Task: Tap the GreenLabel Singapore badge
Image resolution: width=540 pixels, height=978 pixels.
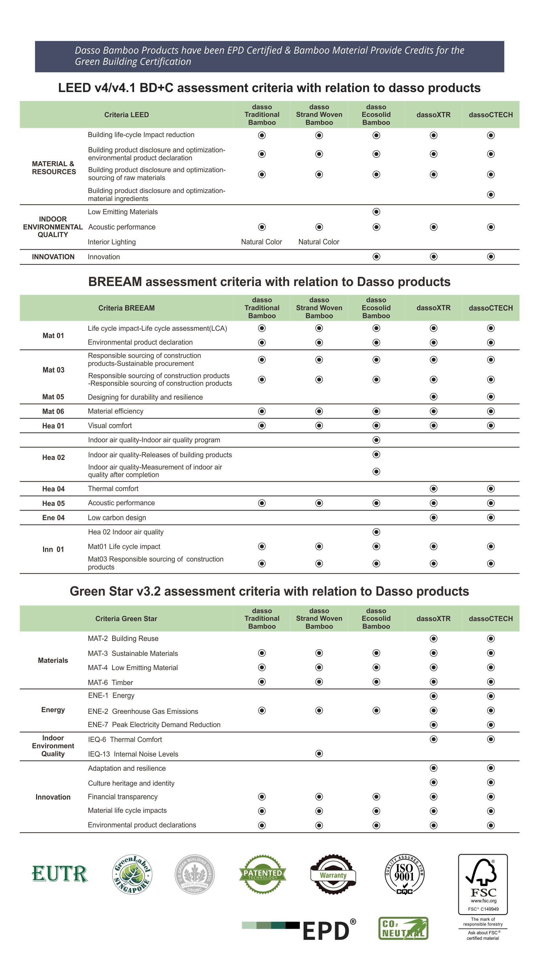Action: pyautogui.click(x=132, y=874)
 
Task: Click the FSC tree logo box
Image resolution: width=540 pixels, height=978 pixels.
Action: pyautogui.click(x=483, y=884)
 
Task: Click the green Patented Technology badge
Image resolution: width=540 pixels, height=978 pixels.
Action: pyautogui.click(x=263, y=874)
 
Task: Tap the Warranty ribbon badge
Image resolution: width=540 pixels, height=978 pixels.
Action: pyautogui.click(x=333, y=874)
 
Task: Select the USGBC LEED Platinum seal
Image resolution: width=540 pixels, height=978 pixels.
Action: pyautogui.click(x=194, y=874)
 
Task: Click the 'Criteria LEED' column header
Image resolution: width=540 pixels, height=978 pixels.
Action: pyautogui.click(x=126, y=115)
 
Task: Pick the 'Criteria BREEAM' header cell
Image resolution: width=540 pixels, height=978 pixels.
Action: pyautogui.click(x=126, y=308)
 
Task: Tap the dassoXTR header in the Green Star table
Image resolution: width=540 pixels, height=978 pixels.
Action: pyautogui.click(x=433, y=618)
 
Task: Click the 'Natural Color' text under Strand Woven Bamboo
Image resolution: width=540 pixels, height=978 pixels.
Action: pyautogui.click(x=319, y=242)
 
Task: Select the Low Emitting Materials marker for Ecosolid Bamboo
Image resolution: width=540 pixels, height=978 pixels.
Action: pyautogui.click(x=376, y=212)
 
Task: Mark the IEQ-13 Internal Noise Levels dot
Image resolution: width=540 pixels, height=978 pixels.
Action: pyautogui.click(x=319, y=754)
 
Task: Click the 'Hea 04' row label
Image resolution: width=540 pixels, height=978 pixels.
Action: pyautogui.click(x=53, y=489)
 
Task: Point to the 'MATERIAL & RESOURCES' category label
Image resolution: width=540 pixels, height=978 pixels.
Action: pyautogui.click(x=54, y=168)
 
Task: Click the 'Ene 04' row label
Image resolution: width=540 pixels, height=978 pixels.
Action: pyautogui.click(x=53, y=517)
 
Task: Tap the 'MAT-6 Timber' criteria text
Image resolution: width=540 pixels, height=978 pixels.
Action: pyautogui.click(x=111, y=682)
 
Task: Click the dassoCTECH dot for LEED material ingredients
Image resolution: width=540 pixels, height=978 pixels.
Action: pyautogui.click(x=491, y=195)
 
